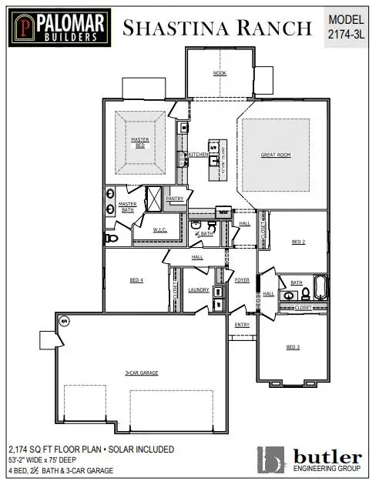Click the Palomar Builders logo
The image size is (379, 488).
59,28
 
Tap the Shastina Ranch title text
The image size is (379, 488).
217,28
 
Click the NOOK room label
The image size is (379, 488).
220,73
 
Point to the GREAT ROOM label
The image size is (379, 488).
275,155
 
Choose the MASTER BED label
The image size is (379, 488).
139,142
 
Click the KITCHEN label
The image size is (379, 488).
198,155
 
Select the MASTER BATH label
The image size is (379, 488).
127,207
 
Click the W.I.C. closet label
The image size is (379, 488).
160,229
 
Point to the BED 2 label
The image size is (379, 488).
299,242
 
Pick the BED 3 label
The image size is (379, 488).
293,347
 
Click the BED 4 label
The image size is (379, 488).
137,281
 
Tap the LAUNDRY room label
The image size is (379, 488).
199,289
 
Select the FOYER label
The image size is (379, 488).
242,280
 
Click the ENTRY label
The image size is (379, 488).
242,326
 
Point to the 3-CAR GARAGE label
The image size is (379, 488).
142,373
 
